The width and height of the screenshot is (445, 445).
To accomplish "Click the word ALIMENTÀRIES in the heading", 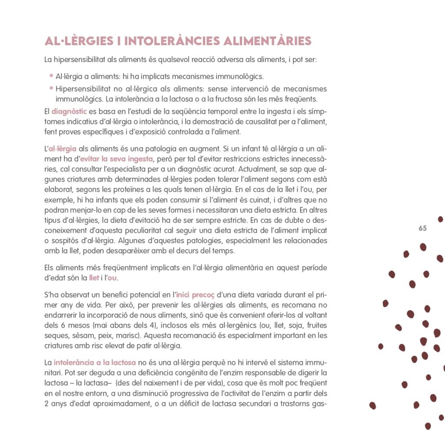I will coord(267,41).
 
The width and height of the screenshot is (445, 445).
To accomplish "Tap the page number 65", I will coord(423,229).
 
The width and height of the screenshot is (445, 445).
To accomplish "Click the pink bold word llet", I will coord(94,278).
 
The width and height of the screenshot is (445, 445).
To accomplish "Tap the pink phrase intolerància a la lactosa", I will coord(95,362).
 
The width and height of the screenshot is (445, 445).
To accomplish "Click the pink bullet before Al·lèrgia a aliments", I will coord(51,76).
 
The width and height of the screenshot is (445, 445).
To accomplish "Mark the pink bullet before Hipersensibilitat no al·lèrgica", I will coord(51,88).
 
